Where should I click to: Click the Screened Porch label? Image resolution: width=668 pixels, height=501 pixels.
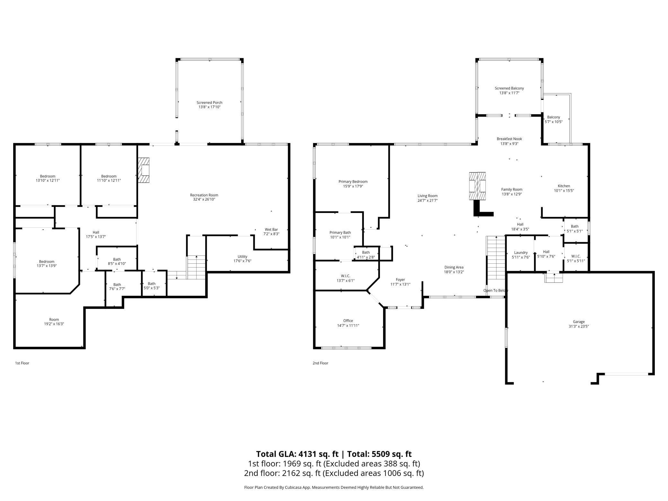pos(209,103)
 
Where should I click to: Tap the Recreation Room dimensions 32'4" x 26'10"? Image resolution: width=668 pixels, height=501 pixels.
pos(204,199)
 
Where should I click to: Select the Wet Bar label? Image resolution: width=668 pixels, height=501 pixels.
pos(271,230)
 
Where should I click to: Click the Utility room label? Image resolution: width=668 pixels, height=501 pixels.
pos(242,257)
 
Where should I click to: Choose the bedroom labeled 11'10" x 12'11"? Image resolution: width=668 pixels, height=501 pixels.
pos(109,178)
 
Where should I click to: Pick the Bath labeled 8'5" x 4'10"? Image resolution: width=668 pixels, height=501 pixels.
pos(117,261)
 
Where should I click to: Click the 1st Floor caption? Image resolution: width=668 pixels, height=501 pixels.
pos(22,363)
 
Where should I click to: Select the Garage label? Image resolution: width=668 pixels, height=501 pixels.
pos(578,322)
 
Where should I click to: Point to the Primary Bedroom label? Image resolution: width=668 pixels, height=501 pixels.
pos(353,182)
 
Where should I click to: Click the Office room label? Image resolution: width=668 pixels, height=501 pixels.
pos(348,321)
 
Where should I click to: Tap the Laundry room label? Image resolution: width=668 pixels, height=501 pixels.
pos(521,253)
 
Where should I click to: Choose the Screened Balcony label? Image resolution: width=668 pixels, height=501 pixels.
pos(509,88)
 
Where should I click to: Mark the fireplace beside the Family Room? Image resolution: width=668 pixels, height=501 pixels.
pos(477,186)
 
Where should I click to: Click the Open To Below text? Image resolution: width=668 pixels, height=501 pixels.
pos(496,291)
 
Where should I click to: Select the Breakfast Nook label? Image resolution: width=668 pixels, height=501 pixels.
pos(509,139)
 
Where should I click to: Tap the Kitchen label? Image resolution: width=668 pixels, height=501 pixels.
pos(564,186)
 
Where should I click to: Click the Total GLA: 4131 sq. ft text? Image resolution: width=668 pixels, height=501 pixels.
pos(297,454)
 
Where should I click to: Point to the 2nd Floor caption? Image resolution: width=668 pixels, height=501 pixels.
pos(320,363)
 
